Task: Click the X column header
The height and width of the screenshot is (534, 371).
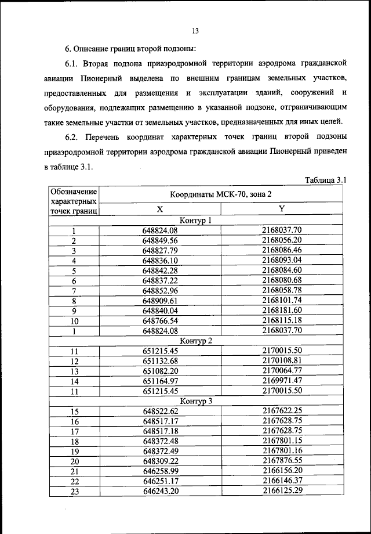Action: point(160,210)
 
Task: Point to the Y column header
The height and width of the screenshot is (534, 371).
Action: point(282,210)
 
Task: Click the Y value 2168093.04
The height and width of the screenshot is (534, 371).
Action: point(282,261)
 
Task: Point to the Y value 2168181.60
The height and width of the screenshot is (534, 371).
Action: point(282,311)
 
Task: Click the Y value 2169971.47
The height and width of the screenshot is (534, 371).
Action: point(282,381)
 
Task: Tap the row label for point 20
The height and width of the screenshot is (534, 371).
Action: point(74,461)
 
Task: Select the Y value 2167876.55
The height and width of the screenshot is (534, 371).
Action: point(282,461)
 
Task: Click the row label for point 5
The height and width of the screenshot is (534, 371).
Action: point(74,271)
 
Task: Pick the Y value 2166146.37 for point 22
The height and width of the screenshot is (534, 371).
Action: point(282,481)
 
